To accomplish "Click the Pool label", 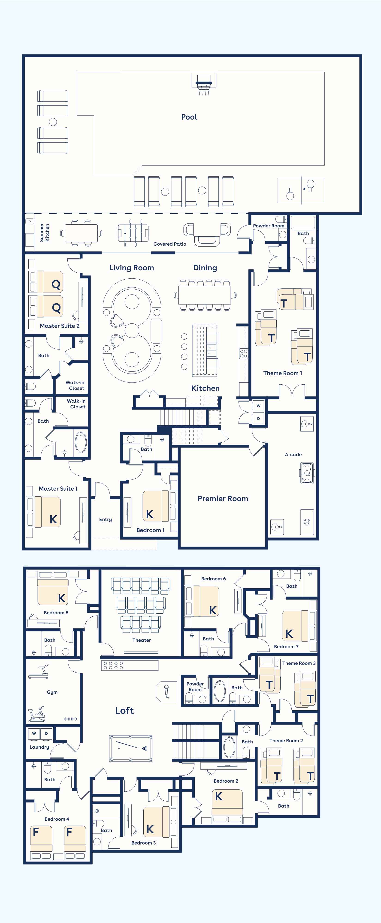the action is coord(189,117).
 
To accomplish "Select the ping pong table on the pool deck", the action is coord(301,190).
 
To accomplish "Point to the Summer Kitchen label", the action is coord(44,232).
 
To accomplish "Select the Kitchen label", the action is coord(205,388).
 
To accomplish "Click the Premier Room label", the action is coord(223,498).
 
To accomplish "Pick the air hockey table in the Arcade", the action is coord(307,473).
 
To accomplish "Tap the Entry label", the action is coord(105,519).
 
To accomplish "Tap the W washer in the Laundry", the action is coord(34,733).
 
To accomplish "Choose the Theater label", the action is coord(142,640).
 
